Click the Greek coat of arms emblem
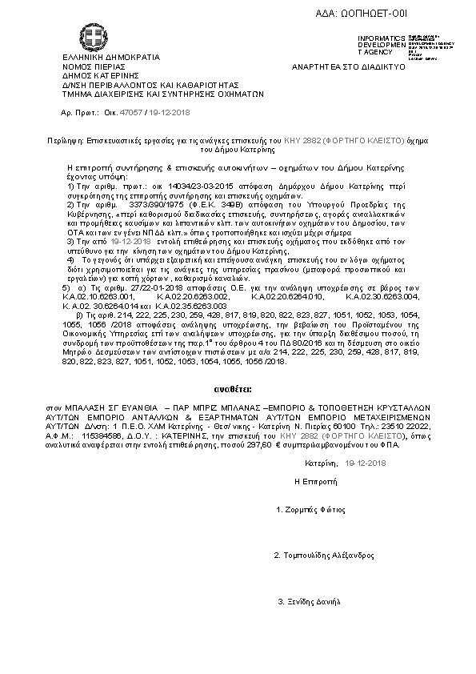point(90,36)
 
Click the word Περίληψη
point(65,139)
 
